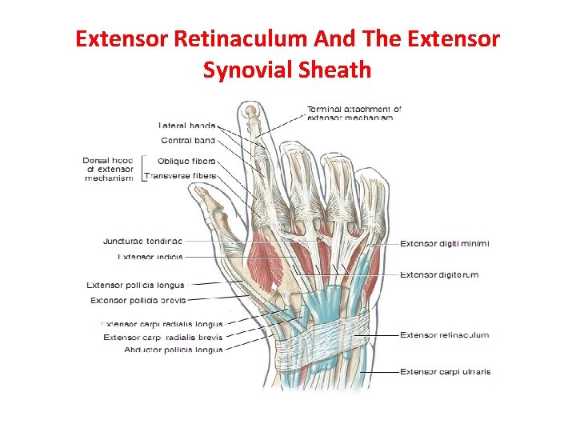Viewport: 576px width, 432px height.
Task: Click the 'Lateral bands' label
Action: click(x=186, y=125)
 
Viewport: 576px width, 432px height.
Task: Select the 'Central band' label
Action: click(x=188, y=141)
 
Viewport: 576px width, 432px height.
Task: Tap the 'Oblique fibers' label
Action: click(x=186, y=161)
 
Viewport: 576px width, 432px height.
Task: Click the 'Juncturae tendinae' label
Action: click(x=142, y=241)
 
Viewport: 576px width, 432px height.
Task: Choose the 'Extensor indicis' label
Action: click(x=150, y=257)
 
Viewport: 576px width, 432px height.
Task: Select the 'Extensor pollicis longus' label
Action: click(x=136, y=285)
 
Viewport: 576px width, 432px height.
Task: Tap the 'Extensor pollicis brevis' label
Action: click(x=138, y=300)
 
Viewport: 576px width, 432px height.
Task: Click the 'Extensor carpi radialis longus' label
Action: click(x=162, y=324)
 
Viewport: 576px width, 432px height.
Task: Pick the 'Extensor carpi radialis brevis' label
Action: click(x=162, y=337)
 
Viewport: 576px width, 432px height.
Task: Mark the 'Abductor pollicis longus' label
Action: click(x=173, y=350)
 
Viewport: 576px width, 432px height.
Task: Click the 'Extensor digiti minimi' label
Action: click(x=445, y=243)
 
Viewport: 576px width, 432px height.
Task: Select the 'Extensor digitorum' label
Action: click(x=439, y=274)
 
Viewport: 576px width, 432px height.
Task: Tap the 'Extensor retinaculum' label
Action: click(x=444, y=335)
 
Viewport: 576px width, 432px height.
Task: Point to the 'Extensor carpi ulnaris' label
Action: click(x=446, y=371)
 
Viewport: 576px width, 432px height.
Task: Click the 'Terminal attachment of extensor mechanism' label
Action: click(x=354, y=113)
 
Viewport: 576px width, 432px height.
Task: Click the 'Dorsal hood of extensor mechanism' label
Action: click(x=108, y=169)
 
